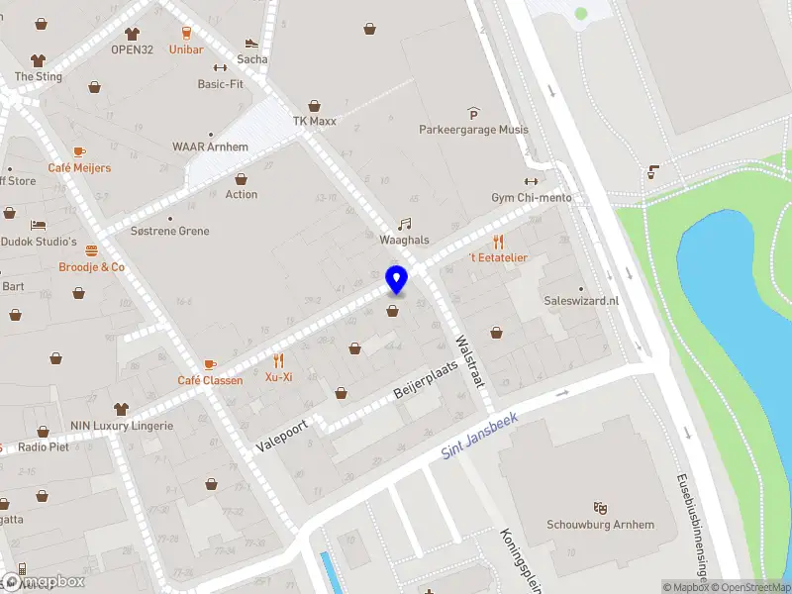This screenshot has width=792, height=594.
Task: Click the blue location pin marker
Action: point(396,280)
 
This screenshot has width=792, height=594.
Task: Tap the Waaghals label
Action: point(404,241)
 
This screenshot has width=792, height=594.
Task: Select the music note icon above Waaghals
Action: point(404,225)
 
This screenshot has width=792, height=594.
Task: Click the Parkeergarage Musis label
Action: point(473,130)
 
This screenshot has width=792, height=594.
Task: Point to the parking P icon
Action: point(473,114)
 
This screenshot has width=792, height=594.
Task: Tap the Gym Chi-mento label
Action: point(532,198)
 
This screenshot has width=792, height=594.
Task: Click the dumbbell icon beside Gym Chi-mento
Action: point(531,181)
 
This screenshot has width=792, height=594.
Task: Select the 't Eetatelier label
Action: point(498,257)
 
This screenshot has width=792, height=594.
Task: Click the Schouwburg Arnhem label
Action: point(600,525)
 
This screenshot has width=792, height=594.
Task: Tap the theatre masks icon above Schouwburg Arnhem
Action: point(599,508)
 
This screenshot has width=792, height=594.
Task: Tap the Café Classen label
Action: point(210,381)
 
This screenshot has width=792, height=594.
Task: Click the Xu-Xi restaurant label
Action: point(278,377)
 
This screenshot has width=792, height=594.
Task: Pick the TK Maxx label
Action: point(314,122)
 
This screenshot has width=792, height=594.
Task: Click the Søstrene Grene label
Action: point(170,232)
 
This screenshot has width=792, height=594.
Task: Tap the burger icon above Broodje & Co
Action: point(92,250)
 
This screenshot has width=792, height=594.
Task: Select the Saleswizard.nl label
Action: point(581,301)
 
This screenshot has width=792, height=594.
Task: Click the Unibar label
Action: point(186,49)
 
